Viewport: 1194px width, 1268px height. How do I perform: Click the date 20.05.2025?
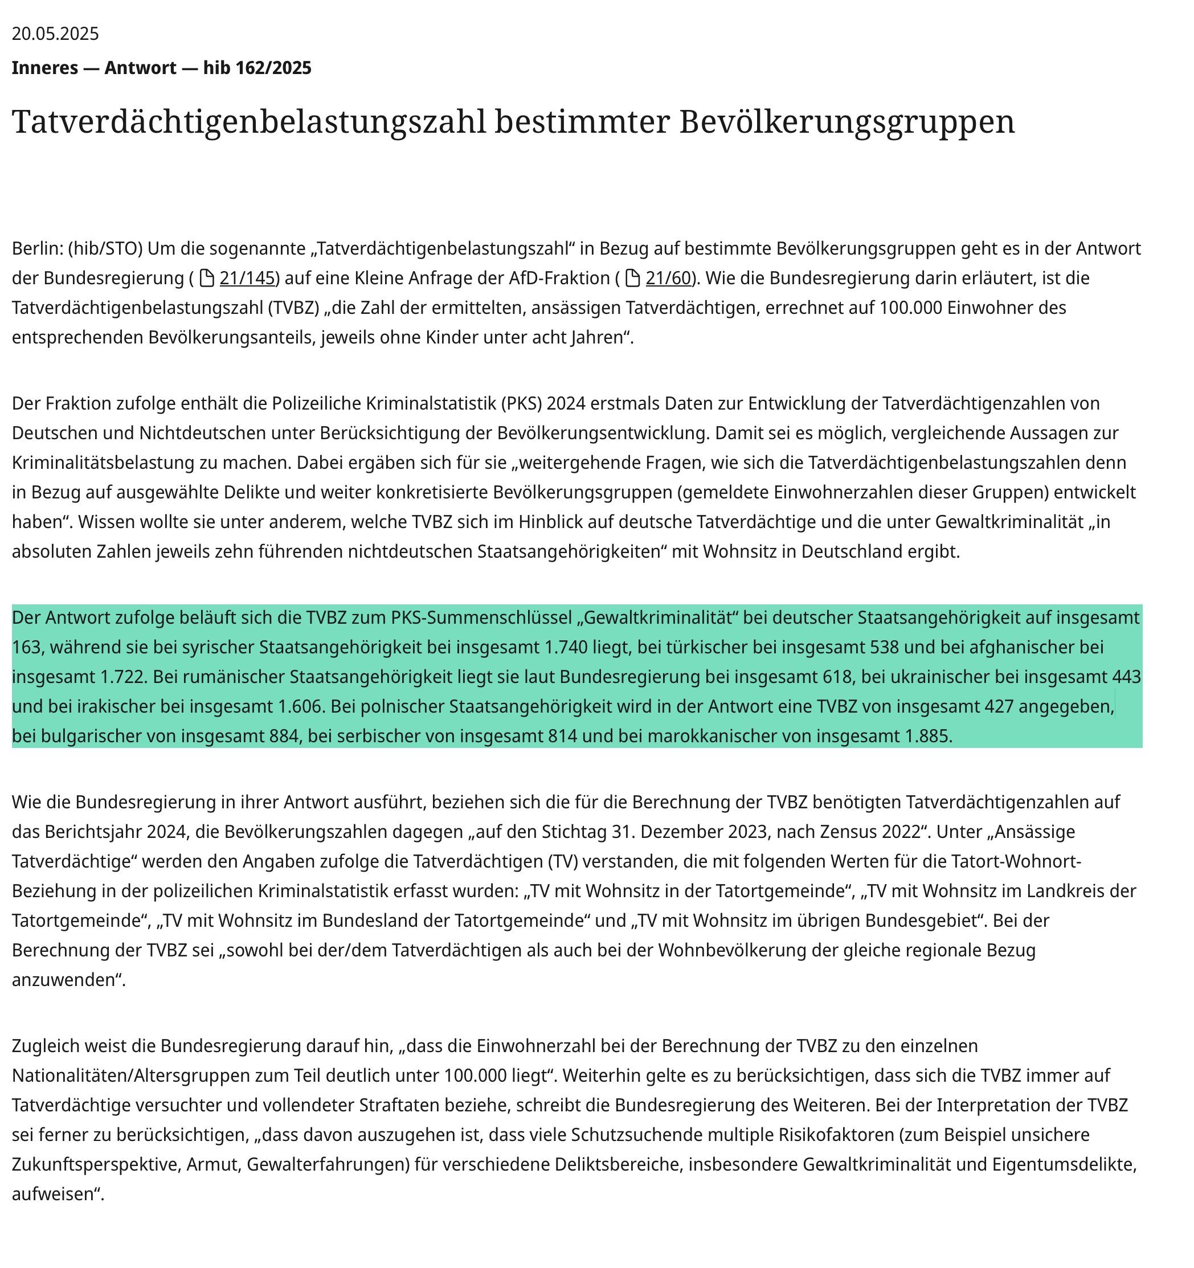point(55,34)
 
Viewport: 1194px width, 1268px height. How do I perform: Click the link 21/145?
point(247,278)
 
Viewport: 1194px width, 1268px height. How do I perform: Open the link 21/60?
point(668,278)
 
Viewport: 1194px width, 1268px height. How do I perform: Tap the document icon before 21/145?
point(207,278)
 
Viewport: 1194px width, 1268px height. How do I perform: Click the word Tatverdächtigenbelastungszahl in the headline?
point(249,121)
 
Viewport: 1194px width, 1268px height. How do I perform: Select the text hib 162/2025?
point(257,68)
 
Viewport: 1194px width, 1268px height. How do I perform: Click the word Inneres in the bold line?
point(44,68)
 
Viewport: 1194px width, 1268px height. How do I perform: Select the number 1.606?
point(300,706)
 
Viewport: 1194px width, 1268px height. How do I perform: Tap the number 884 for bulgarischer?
point(283,736)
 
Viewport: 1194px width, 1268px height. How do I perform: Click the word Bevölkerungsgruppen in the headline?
point(847,121)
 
